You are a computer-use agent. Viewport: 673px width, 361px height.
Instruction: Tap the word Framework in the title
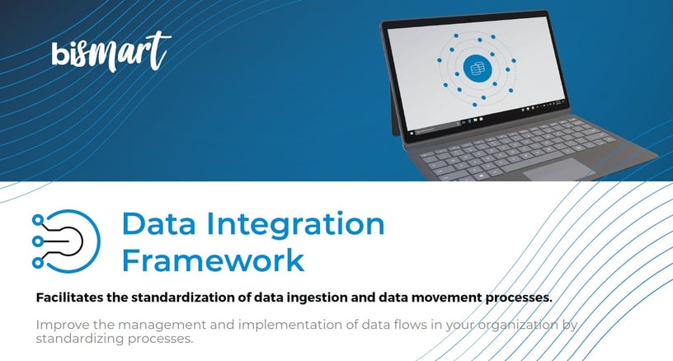click(x=213, y=259)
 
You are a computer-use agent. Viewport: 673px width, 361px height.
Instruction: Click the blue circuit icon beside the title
click(x=65, y=239)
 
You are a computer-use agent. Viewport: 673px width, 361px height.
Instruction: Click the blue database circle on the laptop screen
click(x=476, y=69)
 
